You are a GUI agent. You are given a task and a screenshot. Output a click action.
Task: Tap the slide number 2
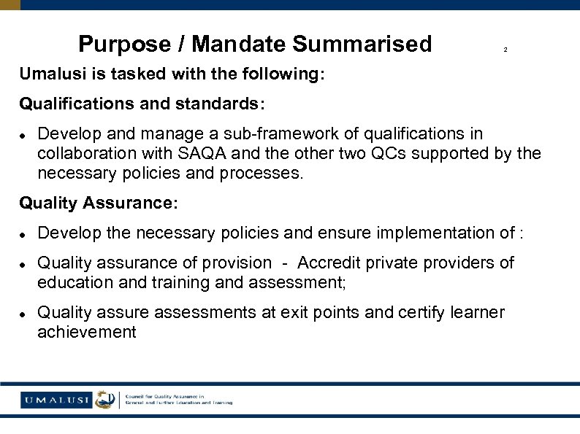click(505, 50)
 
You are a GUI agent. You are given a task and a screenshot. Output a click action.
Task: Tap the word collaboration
click(84, 154)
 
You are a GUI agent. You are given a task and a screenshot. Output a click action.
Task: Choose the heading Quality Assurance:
click(99, 204)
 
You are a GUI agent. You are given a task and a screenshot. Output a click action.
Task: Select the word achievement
click(87, 333)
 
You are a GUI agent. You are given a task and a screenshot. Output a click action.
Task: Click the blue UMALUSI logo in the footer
click(56, 399)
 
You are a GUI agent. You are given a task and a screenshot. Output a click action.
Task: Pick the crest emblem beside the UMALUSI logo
click(106, 399)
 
